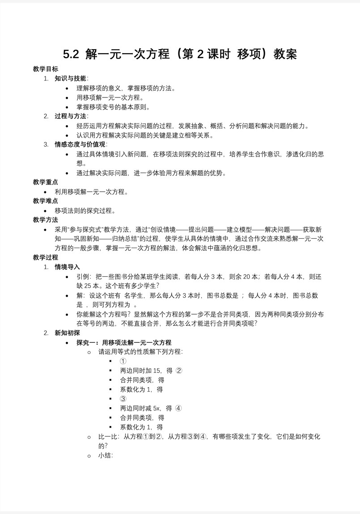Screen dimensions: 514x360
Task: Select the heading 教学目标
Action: pyautogui.click(x=46, y=69)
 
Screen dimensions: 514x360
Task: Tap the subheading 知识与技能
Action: pyautogui.click(x=70, y=79)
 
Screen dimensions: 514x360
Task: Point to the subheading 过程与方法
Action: pyautogui.click(x=70, y=116)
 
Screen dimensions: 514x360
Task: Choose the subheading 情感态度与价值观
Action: pyautogui.click(x=80, y=144)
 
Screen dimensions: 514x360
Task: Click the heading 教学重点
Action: pyautogui.click(x=46, y=182)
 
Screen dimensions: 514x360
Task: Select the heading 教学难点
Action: pyautogui.click(x=46, y=201)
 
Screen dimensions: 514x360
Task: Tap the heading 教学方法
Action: pyautogui.click(x=46, y=220)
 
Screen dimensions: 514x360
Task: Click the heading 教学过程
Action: pyautogui.click(x=46, y=257)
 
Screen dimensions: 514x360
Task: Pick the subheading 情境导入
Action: pyautogui.click(x=67, y=267)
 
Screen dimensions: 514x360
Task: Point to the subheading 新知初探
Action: pyautogui.click(x=67, y=333)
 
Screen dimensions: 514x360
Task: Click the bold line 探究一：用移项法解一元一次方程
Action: pyautogui.click(x=124, y=342)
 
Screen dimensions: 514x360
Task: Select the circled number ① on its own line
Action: pyautogui.click(x=123, y=361)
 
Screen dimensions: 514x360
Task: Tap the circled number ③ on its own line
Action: pyautogui.click(x=123, y=399)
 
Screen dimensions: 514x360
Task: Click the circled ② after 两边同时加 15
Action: pyautogui.click(x=179, y=371)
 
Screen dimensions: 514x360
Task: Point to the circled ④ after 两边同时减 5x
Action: pyautogui.click(x=178, y=408)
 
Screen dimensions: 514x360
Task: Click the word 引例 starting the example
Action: pyautogui.click(x=83, y=277)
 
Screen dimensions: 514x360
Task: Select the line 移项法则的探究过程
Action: pyautogui.click(x=85, y=211)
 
